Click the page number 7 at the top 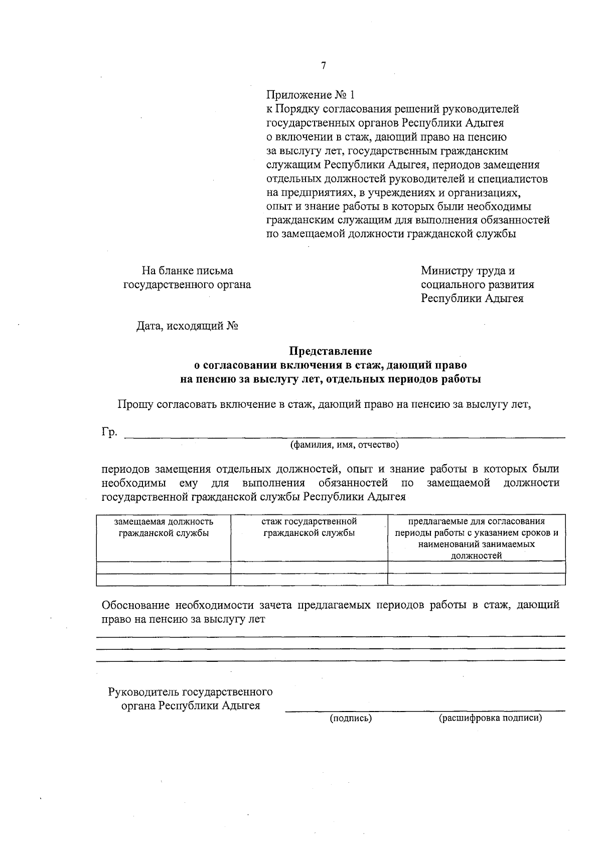point(324,66)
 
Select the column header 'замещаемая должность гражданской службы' point(164,527)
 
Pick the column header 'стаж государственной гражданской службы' point(309,527)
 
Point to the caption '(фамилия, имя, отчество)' point(344,445)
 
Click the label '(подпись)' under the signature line point(351,718)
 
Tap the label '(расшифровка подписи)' point(490,718)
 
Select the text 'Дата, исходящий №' point(187,327)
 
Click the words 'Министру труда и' point(468,271)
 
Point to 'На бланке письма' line point(187,271)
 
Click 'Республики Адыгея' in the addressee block point(472,299)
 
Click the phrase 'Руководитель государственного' point(191,692)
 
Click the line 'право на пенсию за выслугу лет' point(183,619)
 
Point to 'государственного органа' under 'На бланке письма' point(187,285)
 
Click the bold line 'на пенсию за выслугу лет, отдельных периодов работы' point(330,379)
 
